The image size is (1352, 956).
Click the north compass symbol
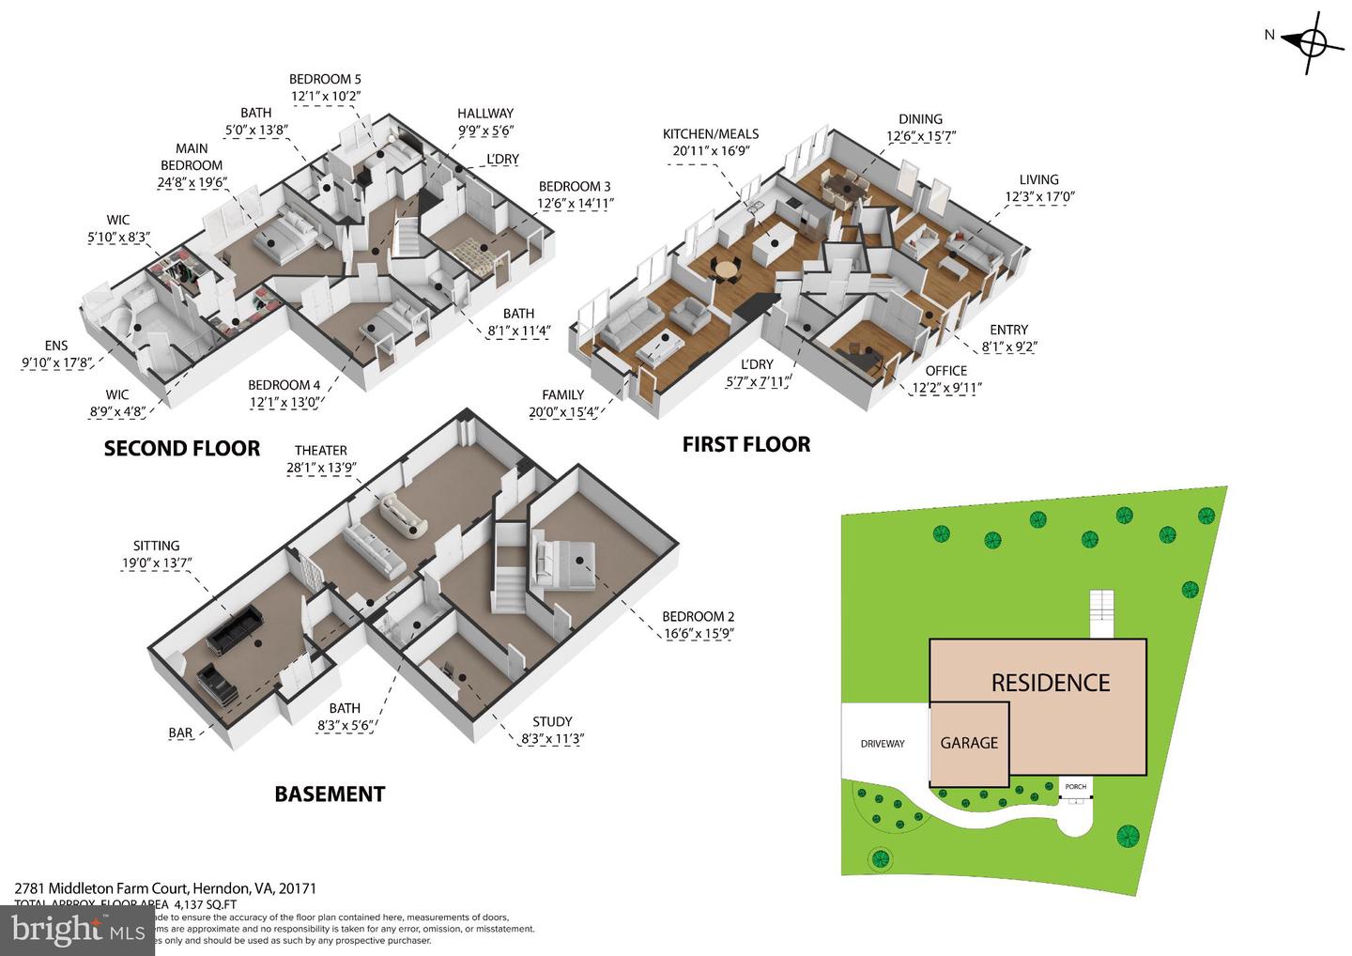point(1312,42)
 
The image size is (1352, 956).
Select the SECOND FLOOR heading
point(181,449)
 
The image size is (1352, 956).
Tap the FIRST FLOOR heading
point(745,444)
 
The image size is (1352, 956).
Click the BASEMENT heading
point(330,794)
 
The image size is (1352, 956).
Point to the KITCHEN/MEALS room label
point(710,134)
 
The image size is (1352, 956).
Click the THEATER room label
point(320,451)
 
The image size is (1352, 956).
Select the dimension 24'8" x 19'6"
point(192,183)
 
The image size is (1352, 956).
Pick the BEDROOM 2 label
point(698,617)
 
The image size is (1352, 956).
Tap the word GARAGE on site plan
point(969,743)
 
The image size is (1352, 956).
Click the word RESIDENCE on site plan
point(1050,683)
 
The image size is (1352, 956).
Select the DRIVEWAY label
point(883,744)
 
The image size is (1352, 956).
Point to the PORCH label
point(1075,787)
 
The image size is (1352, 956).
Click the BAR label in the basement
point(180,733)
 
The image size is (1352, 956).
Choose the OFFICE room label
point(945,371)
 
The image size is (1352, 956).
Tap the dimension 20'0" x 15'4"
point(563,411)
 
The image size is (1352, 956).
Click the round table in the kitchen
point(726,269)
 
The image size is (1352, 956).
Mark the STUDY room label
point(552,722)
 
